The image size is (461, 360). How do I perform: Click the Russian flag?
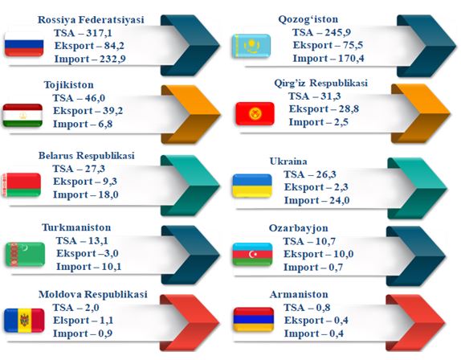[24, 47]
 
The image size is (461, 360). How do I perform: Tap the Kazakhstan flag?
[251, 46]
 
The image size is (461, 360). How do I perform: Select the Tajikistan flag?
[22, 115]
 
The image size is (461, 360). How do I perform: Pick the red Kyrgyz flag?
[255, 113]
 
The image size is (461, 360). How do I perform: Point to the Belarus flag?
[21, 185]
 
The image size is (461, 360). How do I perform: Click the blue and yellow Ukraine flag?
[252, 186]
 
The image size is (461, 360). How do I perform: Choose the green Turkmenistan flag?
[25, 255]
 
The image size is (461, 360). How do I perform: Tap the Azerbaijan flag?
[252, 255]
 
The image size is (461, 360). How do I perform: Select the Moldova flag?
[24, 321]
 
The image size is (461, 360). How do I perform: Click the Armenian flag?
[254, 319]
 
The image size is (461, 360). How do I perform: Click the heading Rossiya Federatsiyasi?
[91, 20]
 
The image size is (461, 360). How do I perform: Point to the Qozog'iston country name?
[308, 19]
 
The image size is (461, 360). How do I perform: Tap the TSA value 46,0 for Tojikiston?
[95, 98]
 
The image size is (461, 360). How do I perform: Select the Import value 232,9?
[112, 59]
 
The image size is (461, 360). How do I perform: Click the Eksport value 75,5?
[353, 45]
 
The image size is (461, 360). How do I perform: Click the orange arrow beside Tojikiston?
[191, 114]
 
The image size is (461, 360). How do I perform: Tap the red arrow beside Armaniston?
[416, 323]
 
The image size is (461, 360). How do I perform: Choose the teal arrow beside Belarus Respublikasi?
[190, 186]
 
